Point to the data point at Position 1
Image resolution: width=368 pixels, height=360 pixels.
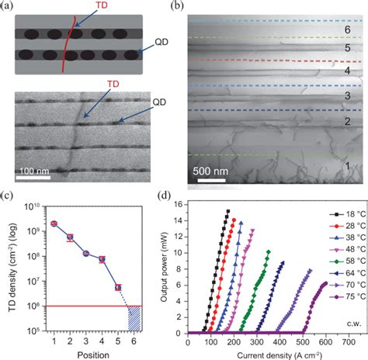(54, 223)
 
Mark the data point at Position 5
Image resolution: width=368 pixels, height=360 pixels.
(118, 287)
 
